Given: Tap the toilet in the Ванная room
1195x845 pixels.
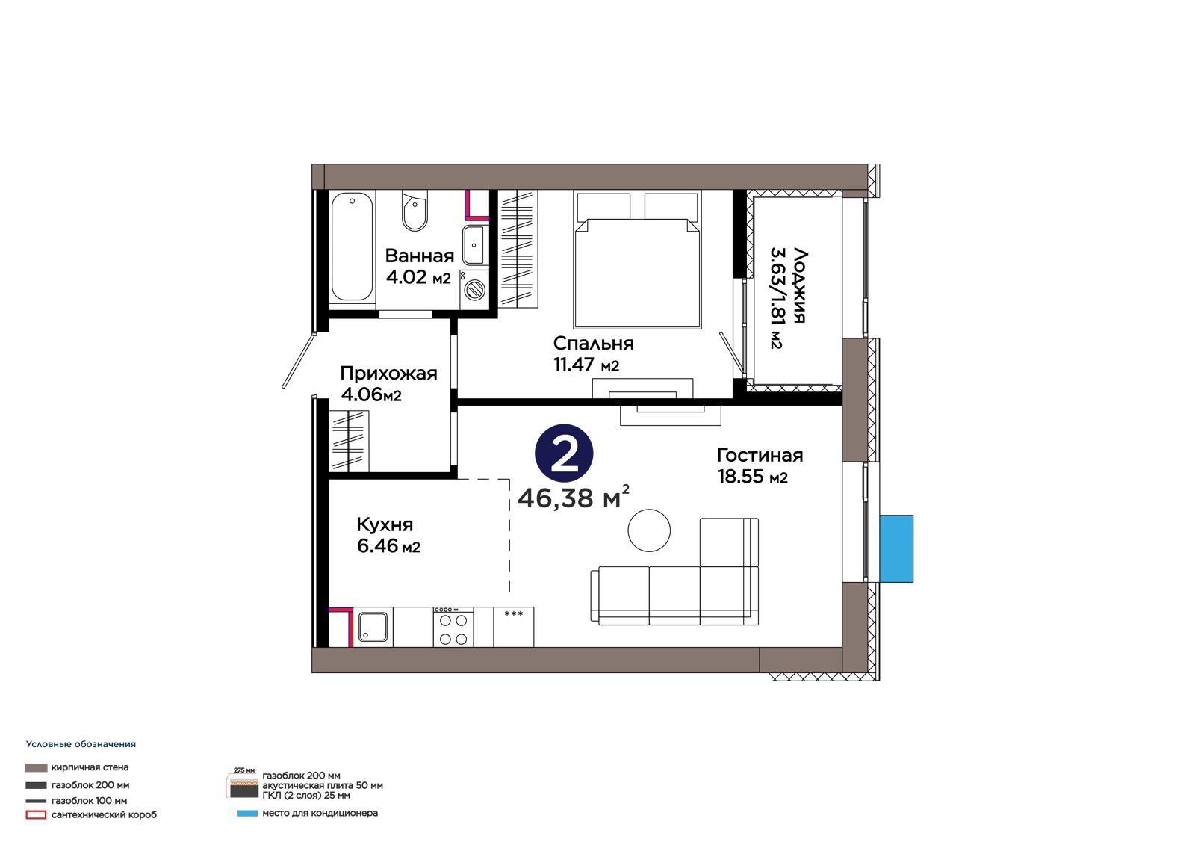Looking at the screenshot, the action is [x=415, y=210].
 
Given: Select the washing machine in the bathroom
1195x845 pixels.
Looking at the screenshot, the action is [x=475, y=289].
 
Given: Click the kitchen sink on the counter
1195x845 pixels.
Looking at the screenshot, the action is [x=373, y=627].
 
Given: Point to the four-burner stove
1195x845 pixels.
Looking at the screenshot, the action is [x=453, y=627].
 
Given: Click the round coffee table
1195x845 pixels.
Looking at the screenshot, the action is [x=649, y=530].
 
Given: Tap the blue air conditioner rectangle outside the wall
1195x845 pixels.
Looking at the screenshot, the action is [x=896, y=548].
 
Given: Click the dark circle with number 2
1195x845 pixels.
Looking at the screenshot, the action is [x=564, y=454].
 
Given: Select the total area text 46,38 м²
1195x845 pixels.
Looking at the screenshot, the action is [x=574, y=498].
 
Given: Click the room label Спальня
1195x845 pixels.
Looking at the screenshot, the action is [x=593, y=343].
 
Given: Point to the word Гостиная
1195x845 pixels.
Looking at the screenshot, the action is [x=760, y=455].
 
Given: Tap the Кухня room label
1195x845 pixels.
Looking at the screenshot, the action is [x=385, y=525].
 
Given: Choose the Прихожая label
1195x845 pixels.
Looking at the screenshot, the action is [x=388, y=373].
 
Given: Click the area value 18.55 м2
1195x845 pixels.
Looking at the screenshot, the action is [x=753, y=476].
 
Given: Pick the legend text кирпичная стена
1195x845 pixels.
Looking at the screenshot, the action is [x=90, y=767].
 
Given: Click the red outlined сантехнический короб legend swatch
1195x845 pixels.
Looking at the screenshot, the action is [x=36, y=815].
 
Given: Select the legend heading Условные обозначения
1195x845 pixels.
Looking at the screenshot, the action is [x=81, y=744].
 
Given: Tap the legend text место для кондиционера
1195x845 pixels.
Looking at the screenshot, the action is [x=320, y=813].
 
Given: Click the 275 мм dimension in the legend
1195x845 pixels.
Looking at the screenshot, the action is [x=243, y=770].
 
